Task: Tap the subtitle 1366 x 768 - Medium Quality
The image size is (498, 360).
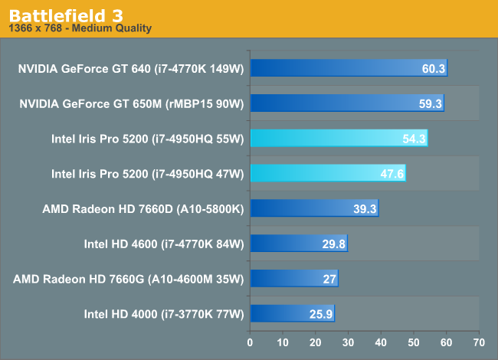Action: [80, 28]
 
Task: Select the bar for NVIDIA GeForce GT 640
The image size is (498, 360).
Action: [349, 69]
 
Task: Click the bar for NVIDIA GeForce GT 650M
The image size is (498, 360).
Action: [346, 103]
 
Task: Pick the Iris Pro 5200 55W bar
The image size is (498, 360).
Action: [339, 139]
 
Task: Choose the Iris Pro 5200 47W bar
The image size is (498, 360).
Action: [327, 174]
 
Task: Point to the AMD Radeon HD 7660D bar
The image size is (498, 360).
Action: [314, 208]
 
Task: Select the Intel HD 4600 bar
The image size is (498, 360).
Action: [299, 244]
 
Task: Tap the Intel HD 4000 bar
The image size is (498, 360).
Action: [292, 313]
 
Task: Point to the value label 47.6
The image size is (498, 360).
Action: [392, 175]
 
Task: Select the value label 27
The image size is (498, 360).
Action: [329, 279]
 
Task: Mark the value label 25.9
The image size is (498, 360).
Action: [322, 314]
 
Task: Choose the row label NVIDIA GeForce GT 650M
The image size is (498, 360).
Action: [131, 103]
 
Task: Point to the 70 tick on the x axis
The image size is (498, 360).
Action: [479, 342]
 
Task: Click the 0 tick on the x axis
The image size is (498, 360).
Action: [250, 342]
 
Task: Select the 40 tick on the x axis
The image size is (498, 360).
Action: [381, 342]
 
